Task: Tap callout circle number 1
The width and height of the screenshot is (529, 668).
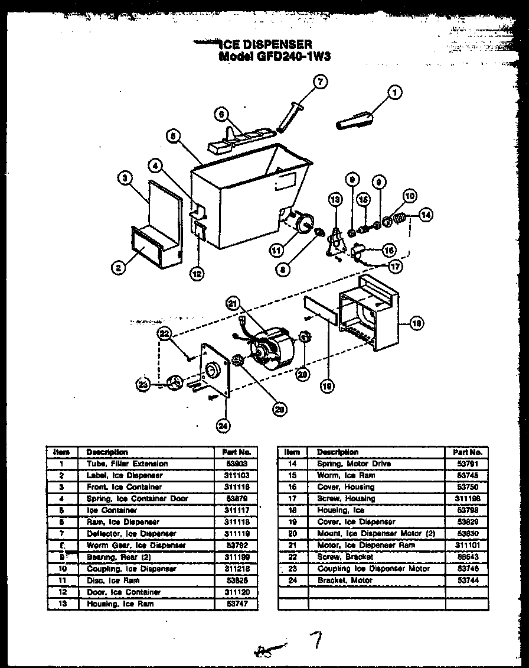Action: coord(395,92)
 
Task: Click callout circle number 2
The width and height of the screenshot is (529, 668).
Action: coord(118,268)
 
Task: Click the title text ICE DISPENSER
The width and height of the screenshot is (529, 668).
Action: coord(265,44)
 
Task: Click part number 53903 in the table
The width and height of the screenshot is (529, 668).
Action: coord(234,463)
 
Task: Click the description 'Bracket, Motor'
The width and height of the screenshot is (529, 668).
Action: coord(345,581)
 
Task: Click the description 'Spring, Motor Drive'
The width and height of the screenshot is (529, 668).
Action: coord(354,463)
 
